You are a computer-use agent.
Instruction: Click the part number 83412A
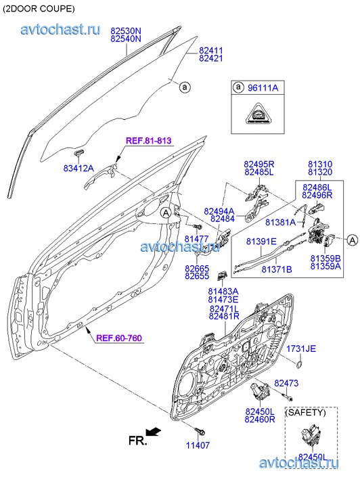tap(78, 169)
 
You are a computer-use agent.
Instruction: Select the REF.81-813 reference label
tap(149, 141)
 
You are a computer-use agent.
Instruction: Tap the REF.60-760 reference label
tap(119, 338)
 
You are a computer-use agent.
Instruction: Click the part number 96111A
tap(263, 87)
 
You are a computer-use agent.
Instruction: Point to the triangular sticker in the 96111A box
tap(258, 113)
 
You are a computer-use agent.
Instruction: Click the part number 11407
tap(198, 445)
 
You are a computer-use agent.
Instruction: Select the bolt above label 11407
tap(199, 432)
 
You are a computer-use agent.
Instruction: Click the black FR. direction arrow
tap(154, 432)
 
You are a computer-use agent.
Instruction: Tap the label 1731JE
tap(301, 349)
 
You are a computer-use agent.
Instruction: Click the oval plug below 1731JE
tap(299, 365)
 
